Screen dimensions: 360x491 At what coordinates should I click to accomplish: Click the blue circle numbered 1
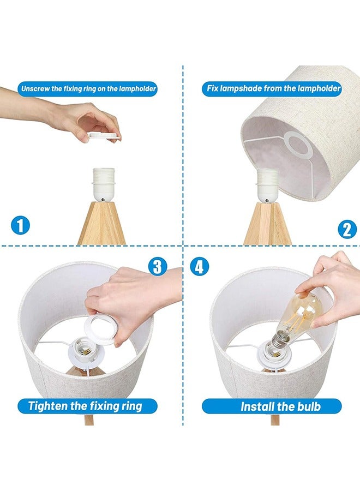coord(20,225)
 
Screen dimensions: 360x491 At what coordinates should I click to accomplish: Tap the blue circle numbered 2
coord(347,230)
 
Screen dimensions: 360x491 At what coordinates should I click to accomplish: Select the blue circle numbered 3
coord(158,267)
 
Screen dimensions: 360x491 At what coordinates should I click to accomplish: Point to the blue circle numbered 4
coord(200,267)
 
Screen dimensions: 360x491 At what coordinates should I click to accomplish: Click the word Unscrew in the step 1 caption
coord(35,88)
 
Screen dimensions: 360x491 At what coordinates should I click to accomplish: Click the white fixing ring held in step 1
coord(104,136)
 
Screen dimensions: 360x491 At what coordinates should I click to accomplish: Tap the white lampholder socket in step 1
coord(104,185)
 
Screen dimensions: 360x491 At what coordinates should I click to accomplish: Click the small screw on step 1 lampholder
coord(103,199)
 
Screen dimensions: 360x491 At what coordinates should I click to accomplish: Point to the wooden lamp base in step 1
coord(102,223)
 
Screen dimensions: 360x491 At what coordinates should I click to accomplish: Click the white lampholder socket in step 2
coord(268,185)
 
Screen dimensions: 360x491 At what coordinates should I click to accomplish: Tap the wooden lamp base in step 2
coord(268,224)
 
